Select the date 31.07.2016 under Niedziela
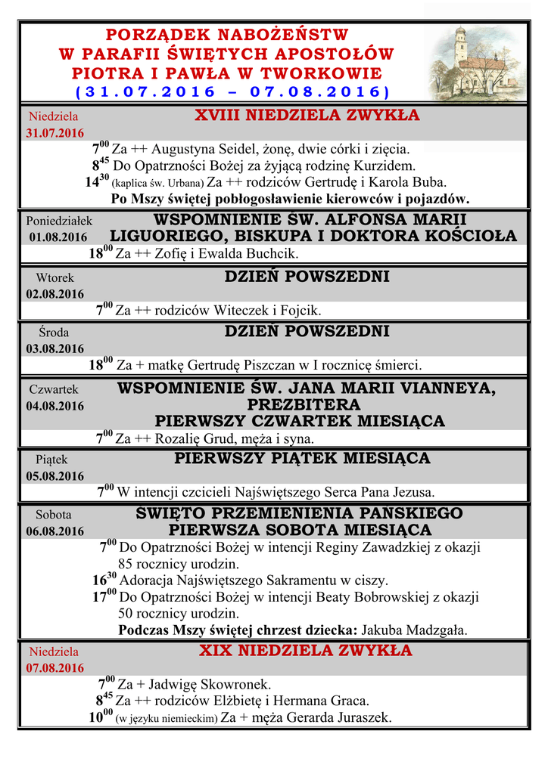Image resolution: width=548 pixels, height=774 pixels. tap(55, 133)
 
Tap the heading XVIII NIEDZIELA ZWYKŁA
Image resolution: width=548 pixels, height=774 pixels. tap(307, 116)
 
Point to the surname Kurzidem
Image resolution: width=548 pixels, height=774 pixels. tap(385, 166)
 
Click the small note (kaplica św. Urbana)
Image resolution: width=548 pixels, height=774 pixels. tap(157, 183)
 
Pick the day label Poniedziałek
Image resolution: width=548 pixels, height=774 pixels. tap(59, 221)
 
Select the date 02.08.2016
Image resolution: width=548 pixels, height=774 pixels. tap(55, 294)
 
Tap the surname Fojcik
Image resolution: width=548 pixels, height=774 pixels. tap(300, 311)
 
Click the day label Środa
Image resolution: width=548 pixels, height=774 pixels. tap(54, 332)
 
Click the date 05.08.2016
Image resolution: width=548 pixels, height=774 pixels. tap(55, 476)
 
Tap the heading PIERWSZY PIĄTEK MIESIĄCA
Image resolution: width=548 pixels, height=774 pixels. tap(302, 458)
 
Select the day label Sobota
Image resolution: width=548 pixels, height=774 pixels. tap(54, 515)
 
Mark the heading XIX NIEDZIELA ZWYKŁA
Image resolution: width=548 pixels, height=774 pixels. tap(306, 651)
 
